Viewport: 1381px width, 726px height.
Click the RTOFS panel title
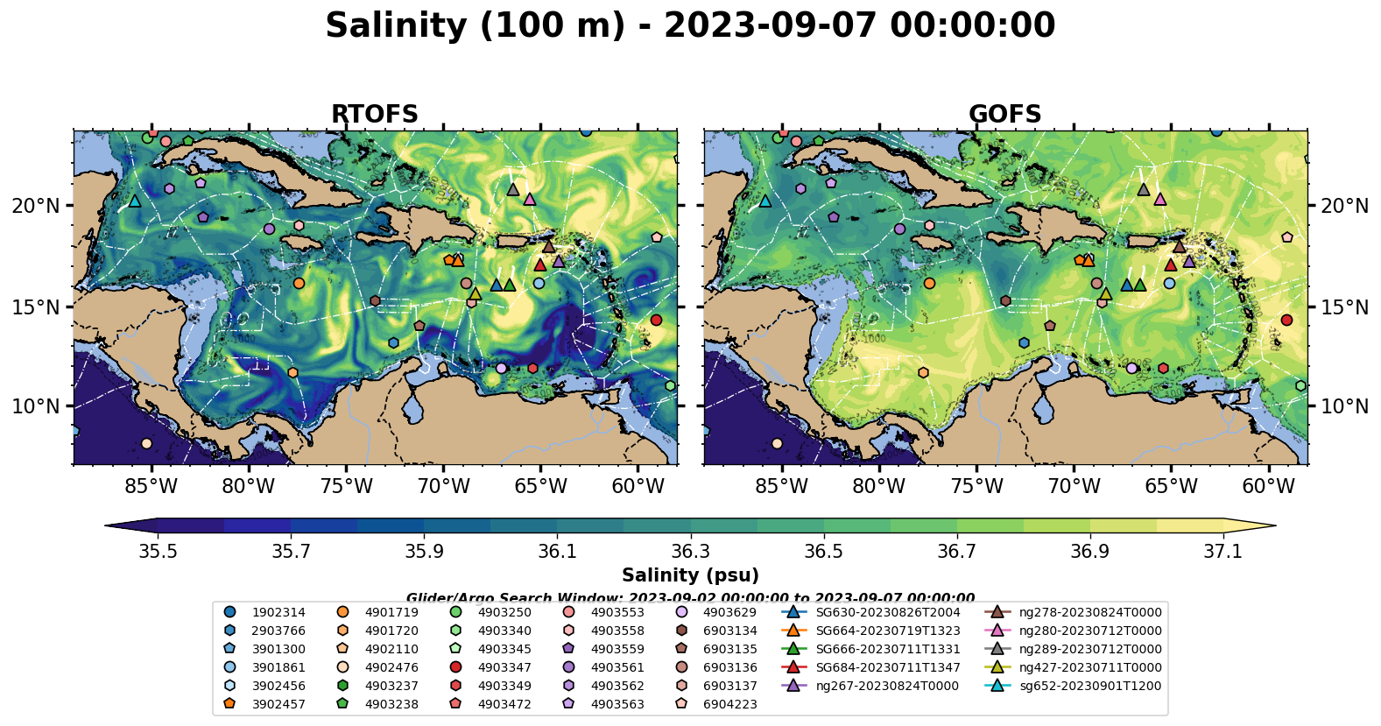click(374, 115)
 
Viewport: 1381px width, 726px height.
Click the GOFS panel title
click(1004, 115)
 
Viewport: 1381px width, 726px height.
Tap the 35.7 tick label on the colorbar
click(291, 552)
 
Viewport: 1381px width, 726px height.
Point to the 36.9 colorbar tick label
click(1089, 552)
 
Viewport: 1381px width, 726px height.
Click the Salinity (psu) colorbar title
click(690, 575)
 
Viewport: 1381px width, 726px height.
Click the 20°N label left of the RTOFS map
click(36, 206)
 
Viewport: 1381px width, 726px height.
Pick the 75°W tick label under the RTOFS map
click(346, 486)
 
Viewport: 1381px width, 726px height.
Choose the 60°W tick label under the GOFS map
click(1268, 486)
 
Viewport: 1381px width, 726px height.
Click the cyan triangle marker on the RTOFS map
click(134, 201)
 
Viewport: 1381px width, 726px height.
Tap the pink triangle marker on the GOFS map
click(1160, 200)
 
